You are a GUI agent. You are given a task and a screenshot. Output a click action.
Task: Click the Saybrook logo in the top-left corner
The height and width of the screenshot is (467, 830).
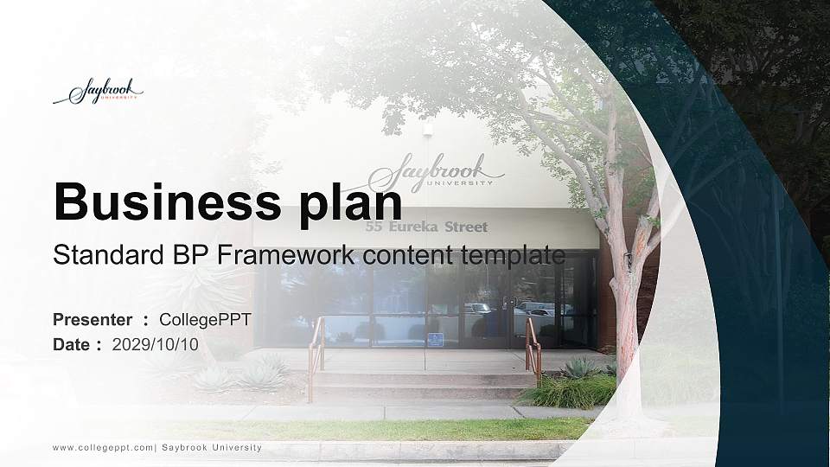point(98,92)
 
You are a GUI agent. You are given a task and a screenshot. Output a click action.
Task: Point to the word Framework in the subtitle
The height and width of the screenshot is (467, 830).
point(290,255)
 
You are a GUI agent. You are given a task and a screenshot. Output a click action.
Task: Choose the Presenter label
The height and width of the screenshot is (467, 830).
point(93,320)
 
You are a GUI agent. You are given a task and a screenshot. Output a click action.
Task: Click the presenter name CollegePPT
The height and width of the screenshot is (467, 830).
point(206,320)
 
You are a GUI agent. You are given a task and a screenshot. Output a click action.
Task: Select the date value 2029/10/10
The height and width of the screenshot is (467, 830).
point(156,344)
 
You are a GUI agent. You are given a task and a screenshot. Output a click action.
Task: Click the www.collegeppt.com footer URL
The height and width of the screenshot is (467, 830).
point(103,448)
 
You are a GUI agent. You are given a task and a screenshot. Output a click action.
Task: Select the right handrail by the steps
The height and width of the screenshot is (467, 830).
point(533,346)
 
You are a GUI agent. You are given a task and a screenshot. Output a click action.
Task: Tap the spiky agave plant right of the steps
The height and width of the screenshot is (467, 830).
point(578,368)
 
